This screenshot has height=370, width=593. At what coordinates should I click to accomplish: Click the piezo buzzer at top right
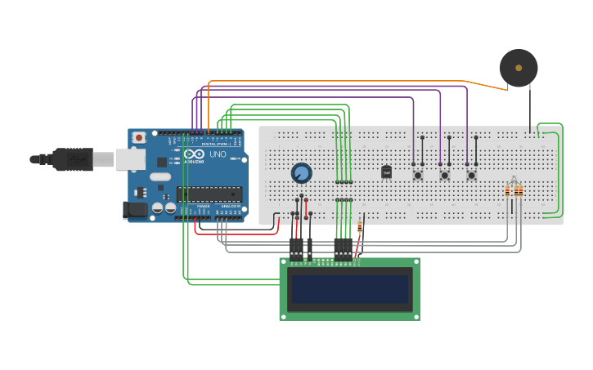tap(519, 68)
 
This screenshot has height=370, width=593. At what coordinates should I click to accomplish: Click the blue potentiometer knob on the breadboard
tap(301, 172)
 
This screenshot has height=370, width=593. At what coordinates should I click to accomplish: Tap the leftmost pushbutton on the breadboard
tap(418, 175)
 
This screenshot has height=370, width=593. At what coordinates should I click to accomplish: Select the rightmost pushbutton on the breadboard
tap(471, 175)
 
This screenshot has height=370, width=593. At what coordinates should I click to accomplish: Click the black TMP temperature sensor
tap(386, 172)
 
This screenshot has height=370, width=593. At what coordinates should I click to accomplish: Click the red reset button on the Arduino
tap(139, 137)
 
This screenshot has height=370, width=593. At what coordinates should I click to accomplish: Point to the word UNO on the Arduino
tap(218, 154)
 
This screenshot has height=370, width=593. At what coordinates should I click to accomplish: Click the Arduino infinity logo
tap(194, 154)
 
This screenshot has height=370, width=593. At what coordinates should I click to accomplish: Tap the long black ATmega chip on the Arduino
tap(209, 194)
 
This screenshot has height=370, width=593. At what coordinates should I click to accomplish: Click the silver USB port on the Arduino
tap(130, 158)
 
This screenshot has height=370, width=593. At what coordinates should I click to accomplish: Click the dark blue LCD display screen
tap(349, 289)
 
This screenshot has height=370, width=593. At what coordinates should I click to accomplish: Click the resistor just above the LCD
tap(360, 230)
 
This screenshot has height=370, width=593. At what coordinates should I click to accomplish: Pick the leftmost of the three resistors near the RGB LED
tap(507, 192)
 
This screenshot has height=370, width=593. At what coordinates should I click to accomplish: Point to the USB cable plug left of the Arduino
tap(74, 159)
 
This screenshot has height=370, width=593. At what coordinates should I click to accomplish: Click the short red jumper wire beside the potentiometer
tap(307, 207)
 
